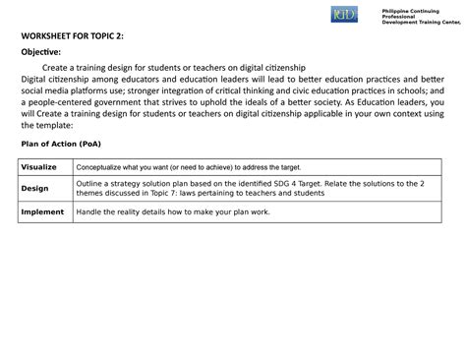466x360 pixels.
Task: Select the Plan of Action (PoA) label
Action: (61, 144)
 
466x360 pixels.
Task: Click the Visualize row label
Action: (40, 167)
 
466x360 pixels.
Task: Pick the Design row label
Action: (34, 188)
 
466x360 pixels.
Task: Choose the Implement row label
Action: (42, 210)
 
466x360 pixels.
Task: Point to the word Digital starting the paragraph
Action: (35, 77)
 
